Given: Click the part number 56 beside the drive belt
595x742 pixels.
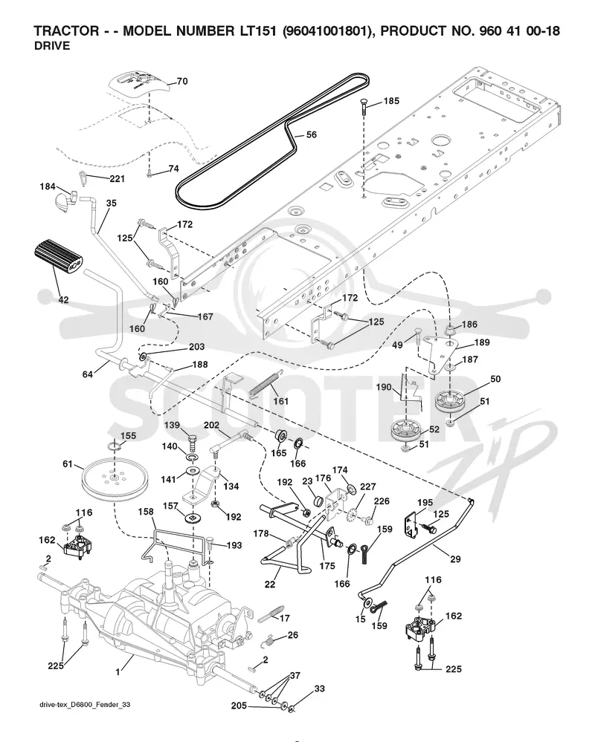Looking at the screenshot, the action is point(311,135).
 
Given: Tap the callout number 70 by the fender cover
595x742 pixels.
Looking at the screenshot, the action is point(182,82).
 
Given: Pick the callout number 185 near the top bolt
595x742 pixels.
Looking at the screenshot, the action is point(391,101).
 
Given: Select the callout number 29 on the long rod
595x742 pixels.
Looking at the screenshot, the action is point(455,559).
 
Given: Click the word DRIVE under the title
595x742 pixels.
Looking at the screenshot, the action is point(52,46).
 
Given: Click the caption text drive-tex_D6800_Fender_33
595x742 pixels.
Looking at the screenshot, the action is point(86,705).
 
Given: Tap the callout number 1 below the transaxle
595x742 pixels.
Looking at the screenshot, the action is point(118,672).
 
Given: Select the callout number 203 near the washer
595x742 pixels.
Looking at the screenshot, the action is point(196,347).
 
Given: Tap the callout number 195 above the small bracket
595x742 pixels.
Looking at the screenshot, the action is point(425,503).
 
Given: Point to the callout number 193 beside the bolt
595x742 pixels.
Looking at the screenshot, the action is point(234,546).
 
